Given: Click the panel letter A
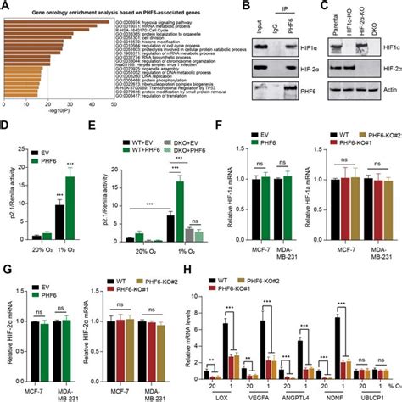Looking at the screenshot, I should click(6, 7).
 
